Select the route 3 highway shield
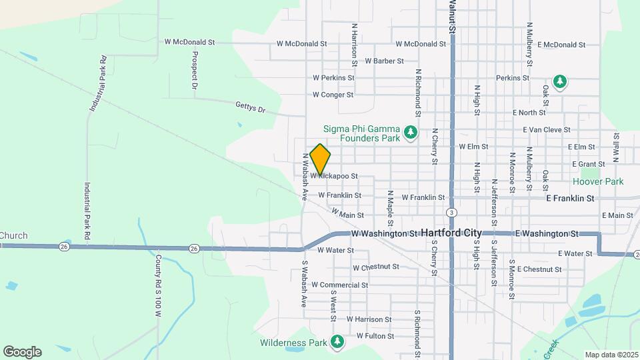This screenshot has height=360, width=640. point(452,213)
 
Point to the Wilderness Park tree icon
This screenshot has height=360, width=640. point(337,342)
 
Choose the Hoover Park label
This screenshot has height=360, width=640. point(598,181)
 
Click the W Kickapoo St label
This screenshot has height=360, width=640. point(334,177)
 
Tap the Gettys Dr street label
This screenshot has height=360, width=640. point(251,106)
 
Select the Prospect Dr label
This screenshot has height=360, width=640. point(195,70)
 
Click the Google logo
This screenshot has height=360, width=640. point(22,352)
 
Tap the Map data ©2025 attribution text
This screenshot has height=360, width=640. point(611,355)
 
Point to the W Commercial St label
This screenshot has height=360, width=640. point(339,285)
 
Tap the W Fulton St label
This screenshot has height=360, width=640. point(375,336)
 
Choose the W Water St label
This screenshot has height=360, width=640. point(335,251)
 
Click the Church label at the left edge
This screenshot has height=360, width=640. point(13,235)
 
